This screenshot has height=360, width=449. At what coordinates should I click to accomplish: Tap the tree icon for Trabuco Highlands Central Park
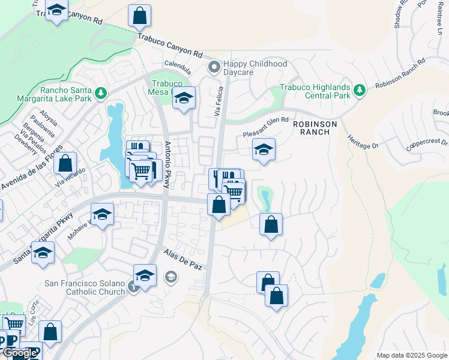[x=360, y=90]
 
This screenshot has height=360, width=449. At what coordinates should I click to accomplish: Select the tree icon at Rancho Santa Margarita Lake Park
[x=101, y=93]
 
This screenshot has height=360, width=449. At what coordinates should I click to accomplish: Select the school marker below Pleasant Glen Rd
[x=264, y=150]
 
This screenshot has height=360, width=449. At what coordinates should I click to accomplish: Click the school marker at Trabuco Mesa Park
[x=184, y=98]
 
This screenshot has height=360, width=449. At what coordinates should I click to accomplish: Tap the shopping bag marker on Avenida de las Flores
[x=65, y=163]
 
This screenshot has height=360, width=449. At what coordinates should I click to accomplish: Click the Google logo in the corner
[x=20, y=353]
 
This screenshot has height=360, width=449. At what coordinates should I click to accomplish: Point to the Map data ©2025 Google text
[x=411, y=355]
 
